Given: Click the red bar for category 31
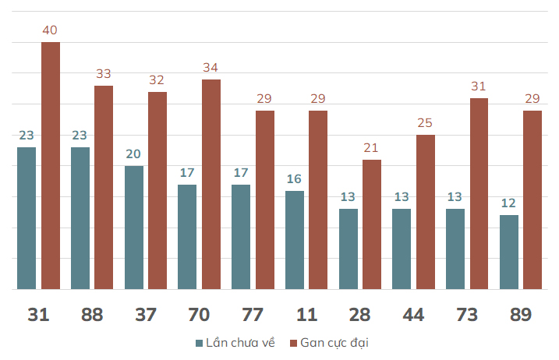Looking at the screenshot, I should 51,165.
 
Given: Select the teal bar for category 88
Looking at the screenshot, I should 80,218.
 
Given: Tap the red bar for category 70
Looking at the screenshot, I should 211,184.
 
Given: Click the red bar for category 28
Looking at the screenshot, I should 372,224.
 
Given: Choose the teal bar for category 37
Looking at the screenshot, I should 134,228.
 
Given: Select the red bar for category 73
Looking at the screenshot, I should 479,193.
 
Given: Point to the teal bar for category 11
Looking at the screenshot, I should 294,240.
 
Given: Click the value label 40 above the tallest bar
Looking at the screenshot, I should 51,30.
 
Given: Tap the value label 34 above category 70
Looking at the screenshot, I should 211,68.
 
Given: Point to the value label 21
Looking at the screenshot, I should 372,148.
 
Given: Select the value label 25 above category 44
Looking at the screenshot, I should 425,123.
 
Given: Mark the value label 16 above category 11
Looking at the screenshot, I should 294,179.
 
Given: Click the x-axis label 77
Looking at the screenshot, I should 252,315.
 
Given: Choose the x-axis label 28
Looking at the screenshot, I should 359,315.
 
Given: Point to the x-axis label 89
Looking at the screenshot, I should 520,315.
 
